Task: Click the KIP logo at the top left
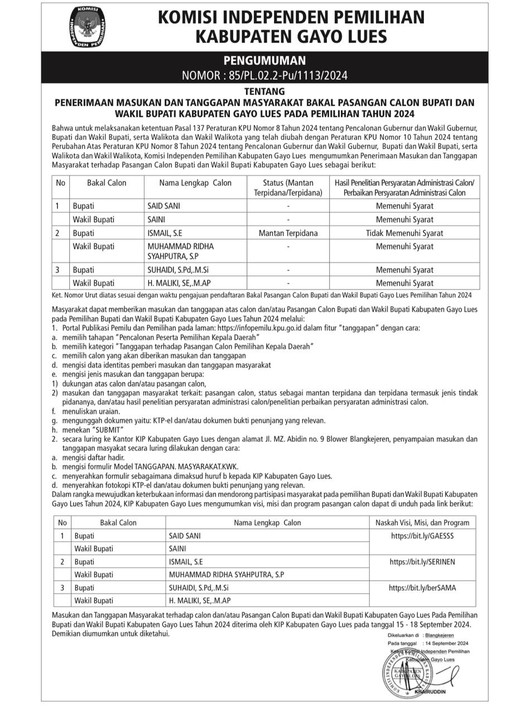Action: pos(88,26)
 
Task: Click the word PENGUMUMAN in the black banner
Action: pos(264,61)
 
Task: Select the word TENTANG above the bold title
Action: pos(264,91)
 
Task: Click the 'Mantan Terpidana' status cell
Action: pos(288,233)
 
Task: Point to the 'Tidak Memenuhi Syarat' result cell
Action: pos(404,233)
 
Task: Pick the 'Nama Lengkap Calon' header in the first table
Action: pos(195,183)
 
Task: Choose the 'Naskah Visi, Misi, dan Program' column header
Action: pos(422,523)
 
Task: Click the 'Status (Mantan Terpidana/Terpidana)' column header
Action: pos(288,188)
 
